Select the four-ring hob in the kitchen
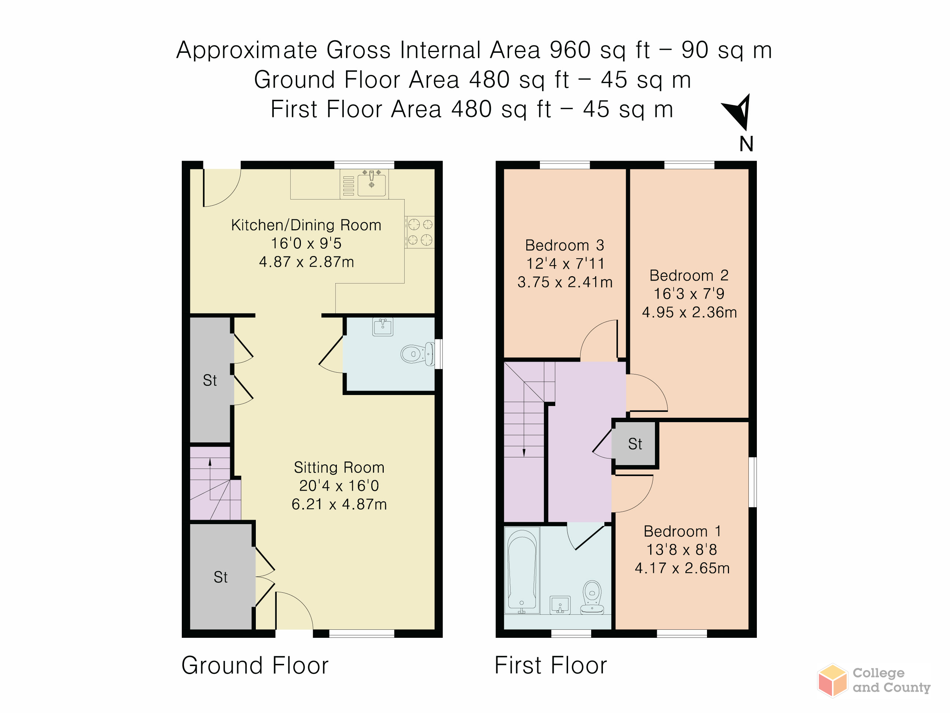point(420,232)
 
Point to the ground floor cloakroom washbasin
point(383,327)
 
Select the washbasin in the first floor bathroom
point(560,605)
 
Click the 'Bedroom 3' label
point(564,245)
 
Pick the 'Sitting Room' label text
point(339,468)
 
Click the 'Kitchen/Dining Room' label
point(306,225)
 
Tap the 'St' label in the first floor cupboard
point(635,444)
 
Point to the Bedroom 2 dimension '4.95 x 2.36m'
point(689,312)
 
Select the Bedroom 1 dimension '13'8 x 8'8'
point(682,550)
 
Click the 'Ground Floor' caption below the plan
point(255,666)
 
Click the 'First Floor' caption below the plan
point(551,666)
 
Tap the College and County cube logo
point(832,680)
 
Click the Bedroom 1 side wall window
point(752,482)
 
